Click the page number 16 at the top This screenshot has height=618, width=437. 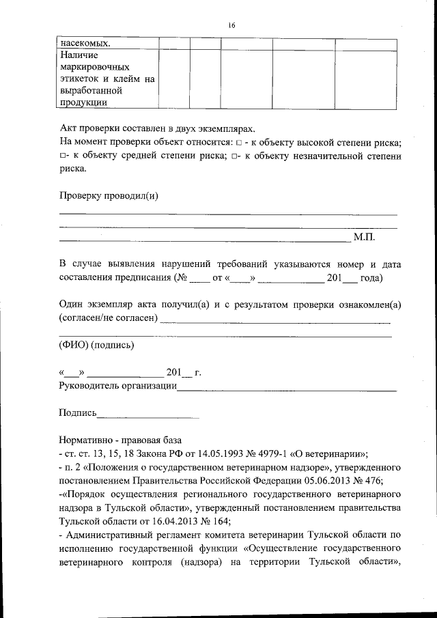[x=231, y=25]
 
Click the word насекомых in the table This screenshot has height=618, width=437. [x=85, y=43]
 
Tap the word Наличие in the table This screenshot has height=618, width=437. [x=79, y=55]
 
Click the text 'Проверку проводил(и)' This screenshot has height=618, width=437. [x=109, y=196]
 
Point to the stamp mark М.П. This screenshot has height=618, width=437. [x=364, y=237]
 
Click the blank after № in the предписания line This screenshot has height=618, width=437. [x=197, y=279]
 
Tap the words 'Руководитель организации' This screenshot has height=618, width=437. [x=117, y=387]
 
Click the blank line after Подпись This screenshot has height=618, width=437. [x=148, y=413]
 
